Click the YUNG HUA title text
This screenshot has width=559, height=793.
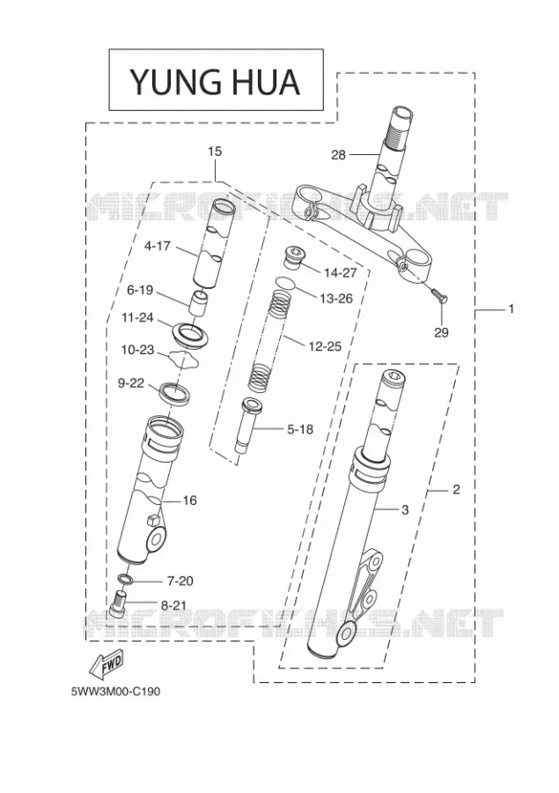[216, 81]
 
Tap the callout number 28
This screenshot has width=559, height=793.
[338, 155]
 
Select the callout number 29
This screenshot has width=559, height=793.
[441, 332]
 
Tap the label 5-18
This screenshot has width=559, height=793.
[299, 429]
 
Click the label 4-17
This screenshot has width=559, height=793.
[158, 247]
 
